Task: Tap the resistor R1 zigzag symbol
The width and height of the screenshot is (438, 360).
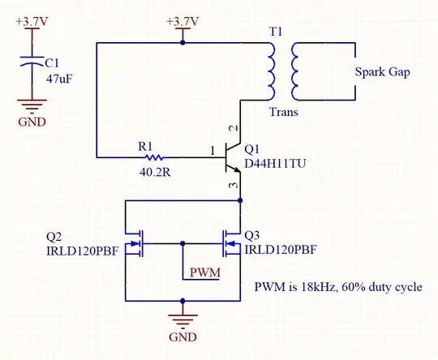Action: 152,156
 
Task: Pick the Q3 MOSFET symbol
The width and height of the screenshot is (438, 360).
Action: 230,242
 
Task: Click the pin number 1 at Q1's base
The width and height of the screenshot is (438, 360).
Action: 213,150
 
